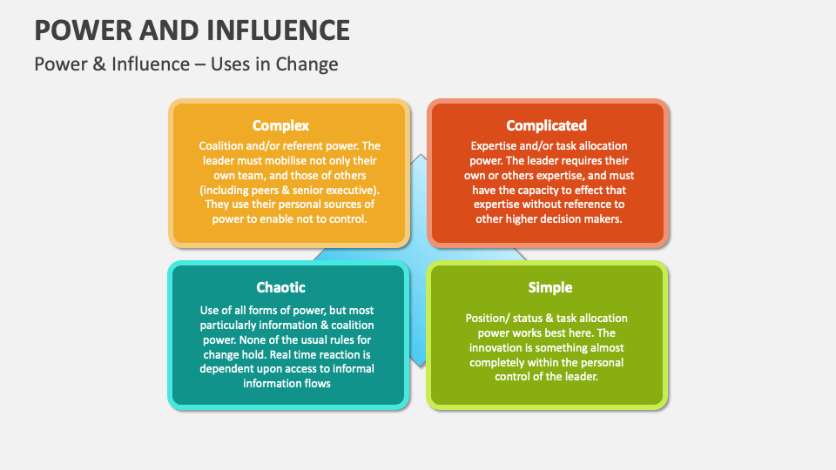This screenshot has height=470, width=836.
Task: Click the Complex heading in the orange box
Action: point(280,125)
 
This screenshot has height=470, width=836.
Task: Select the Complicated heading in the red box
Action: point(546,125)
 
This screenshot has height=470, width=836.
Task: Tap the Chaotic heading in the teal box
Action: point(280,287)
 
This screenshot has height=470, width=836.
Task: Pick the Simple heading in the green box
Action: point(549,287)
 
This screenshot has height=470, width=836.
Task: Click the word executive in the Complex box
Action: point(348,190)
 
